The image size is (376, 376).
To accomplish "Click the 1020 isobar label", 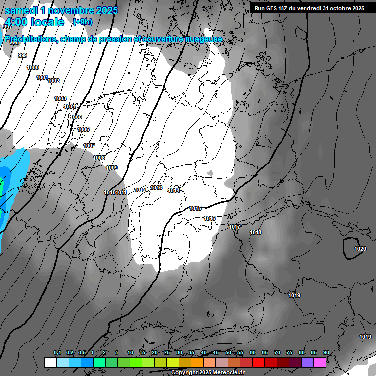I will point(360,249).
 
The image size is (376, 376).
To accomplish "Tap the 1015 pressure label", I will point(195,209).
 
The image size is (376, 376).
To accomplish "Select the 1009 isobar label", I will point(112,168).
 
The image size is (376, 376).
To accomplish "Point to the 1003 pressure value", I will point(60,99).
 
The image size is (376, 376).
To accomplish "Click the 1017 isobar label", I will point(235,227).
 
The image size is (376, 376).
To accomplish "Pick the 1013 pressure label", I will point(156,188).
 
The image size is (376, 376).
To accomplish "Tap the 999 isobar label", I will point(23,56).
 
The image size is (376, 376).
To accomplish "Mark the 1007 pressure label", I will point(89,146).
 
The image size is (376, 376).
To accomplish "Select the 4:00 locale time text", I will point(35,22).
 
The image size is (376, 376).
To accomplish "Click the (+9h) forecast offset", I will point(82,22).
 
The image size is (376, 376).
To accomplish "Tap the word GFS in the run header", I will point(273,8).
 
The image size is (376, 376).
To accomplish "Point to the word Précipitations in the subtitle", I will point(30,39).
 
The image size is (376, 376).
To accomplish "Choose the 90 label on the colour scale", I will point(326,353).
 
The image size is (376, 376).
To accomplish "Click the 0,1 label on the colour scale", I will point(57,353).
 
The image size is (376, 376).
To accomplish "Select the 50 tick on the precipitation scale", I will point(228,353).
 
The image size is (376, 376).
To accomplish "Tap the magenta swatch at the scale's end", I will point(320,362).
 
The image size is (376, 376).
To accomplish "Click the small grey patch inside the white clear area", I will point(210,173).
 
